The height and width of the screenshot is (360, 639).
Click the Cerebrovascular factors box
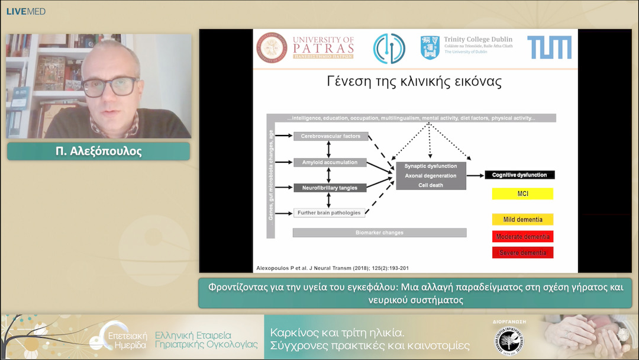click(331, 136)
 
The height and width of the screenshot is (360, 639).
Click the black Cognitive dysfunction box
click(519, 175)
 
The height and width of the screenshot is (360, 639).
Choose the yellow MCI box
click(522, 194)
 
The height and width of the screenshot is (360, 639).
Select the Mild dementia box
click(522, 220)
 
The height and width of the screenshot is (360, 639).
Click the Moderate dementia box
click(522, 237)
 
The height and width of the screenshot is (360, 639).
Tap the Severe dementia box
click(522, 253)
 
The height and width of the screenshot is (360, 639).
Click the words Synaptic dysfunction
click(431, 166)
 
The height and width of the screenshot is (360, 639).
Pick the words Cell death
click(431, 185)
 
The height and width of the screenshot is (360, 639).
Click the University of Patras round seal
click(272, 47)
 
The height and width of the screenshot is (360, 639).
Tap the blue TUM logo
click(550, 47)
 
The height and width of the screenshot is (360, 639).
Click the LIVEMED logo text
click(25, 12)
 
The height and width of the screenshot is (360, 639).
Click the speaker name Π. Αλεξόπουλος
click(98, 152)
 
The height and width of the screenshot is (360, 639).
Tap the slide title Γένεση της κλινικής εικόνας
click(414, 82)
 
